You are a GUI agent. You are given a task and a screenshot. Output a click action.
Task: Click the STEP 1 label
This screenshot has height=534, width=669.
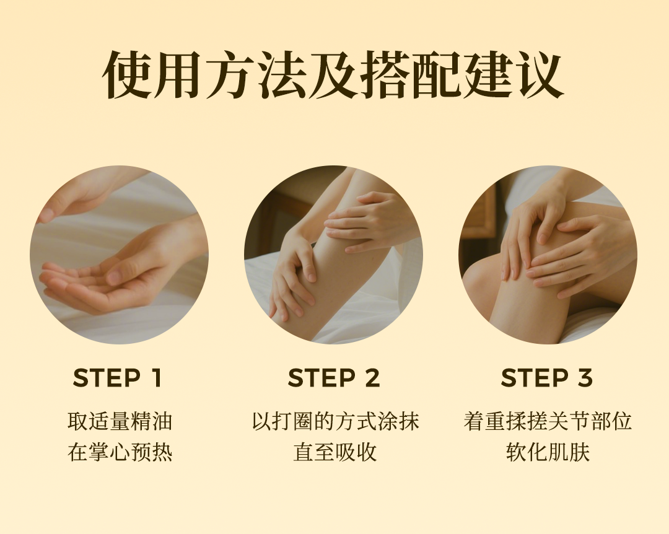point(117,378)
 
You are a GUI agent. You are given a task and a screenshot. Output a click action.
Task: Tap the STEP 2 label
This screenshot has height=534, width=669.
point(334,378)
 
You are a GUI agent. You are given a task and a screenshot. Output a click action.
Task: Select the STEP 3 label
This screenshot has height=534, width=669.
point(547,378)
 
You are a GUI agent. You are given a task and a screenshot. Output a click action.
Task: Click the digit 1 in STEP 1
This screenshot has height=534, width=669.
point(157,378)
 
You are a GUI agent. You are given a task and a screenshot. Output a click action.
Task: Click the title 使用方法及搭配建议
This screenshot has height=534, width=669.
point(334,75)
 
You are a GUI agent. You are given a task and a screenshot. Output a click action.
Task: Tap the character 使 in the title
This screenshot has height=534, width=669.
point(128,75)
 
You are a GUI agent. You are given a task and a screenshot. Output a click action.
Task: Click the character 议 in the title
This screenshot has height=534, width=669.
point(540,75)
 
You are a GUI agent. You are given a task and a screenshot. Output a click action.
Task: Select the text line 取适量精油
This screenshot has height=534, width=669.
point(120,421)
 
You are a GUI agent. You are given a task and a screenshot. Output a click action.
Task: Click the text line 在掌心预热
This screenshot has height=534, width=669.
point(120,452)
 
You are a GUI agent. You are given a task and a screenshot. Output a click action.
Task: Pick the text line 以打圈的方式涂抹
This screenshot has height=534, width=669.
point(335,421)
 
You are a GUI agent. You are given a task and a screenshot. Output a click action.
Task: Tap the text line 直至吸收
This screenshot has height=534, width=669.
point(335,452)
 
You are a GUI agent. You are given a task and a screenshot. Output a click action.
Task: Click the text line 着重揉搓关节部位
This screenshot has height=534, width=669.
point(548,421)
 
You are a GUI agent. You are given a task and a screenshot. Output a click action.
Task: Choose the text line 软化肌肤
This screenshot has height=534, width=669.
point(548,452)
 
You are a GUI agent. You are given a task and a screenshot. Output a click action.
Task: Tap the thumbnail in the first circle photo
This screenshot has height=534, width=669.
point(115,277)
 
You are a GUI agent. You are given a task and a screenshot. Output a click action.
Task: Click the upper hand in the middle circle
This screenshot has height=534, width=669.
point(367,222)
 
